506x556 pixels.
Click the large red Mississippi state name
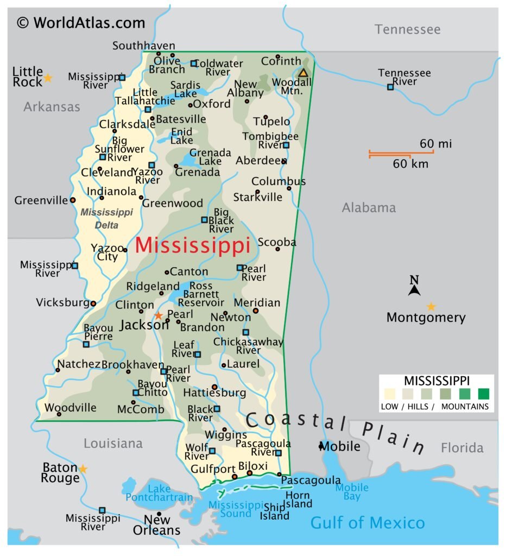coord(192,246)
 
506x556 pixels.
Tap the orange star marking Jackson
coord(159,315)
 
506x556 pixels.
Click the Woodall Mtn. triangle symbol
coord(303,73)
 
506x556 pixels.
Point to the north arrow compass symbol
coord(414,287)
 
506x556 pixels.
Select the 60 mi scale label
coord(435,144)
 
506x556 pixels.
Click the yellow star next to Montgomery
coord(431,307)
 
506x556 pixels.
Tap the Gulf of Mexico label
coord(367,523)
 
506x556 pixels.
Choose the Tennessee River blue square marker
coord(390,87)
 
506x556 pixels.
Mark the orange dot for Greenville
coord(73,200)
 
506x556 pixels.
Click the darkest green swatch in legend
coord(483,393)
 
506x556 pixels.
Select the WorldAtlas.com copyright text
coord(81,23)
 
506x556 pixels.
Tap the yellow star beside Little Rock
coord(48,78)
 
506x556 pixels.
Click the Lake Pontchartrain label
coord(159,493)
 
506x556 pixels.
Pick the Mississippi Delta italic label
coord(107,218)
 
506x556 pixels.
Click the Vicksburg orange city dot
coord(93,304)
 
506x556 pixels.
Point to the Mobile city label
coord(340,446)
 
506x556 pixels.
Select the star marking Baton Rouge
coord(83,469)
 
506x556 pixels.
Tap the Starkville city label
coord(258,197)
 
